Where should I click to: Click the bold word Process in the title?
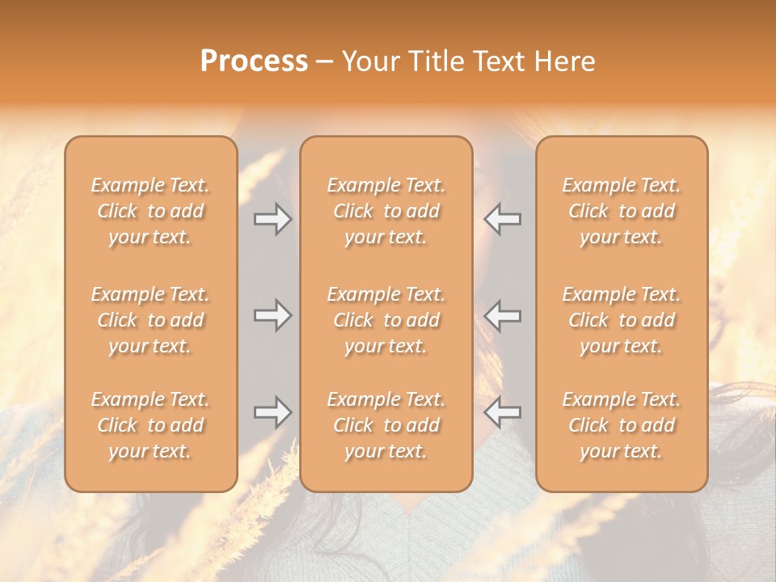pos(254,61)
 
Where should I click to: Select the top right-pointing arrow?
pos(272,218)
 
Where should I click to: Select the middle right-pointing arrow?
pos(272,315)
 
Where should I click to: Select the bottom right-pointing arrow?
pos(272,412)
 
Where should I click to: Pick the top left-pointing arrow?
pos(502,218)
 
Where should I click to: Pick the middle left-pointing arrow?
pos(502,315)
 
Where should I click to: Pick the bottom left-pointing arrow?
pos(502,412)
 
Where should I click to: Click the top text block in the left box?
pos(150,211)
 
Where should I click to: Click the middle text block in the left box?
pos(150,320)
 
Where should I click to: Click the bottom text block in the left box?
pos(150,425)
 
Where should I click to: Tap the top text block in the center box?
pos(386,211)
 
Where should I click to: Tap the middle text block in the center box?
pos(386,320)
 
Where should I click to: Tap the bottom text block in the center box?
pos(386,425)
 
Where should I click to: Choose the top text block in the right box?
pos(621,211)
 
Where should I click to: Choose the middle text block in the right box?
pos(621,320)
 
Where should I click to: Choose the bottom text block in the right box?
pos(621,425)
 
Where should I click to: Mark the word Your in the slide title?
pos(368,61)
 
